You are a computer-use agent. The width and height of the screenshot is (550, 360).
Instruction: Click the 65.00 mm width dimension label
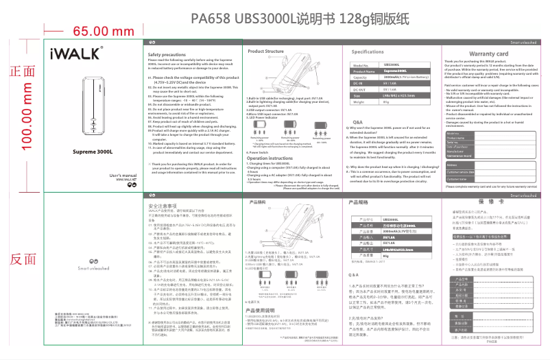pos(102,31)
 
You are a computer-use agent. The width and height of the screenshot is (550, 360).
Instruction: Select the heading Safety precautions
pos(168,54)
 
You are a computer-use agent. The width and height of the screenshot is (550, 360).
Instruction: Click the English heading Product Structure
pos(265,51)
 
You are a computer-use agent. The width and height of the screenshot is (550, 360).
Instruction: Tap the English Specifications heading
pos(368,52)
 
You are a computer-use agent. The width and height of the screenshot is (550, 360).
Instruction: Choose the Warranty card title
pos(488,53)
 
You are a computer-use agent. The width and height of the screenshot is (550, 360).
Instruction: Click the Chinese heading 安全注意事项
pos(165,205)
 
